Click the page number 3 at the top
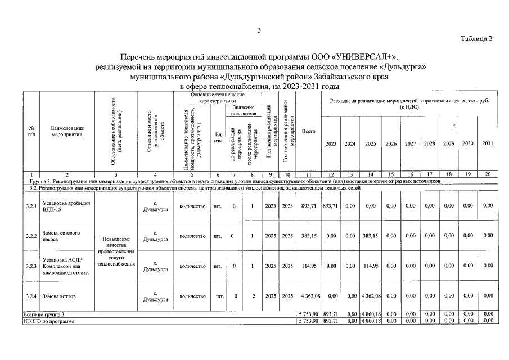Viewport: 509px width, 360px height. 259,30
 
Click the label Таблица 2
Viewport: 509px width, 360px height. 476,39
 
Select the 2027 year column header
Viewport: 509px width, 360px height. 411,143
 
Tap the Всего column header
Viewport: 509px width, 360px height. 308,131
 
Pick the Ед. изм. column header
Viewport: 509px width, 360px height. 219,137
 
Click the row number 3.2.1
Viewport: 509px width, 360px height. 31,206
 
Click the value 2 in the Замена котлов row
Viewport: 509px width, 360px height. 254,295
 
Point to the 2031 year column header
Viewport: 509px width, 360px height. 487,143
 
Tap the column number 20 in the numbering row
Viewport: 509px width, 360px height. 487,175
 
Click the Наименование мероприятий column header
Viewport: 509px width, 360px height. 66,131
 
